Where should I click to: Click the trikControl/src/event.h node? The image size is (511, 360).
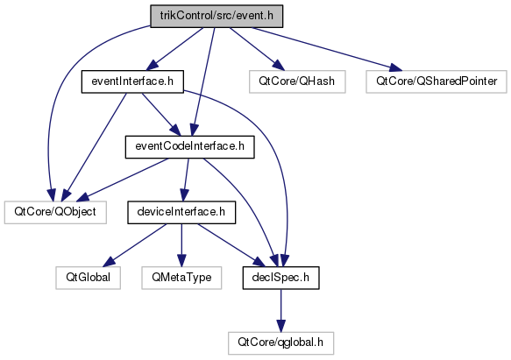[216, 16]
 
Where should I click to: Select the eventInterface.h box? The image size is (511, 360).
[132, 81]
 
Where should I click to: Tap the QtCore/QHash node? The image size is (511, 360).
[297, 81]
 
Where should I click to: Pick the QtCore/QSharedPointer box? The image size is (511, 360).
[436, 81]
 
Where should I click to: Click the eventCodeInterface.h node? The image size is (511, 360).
[189, 147]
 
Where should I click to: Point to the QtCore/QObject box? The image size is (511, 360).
[55, 213]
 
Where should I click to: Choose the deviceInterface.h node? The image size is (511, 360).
[181, 213]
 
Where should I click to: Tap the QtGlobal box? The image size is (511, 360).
[88, 278]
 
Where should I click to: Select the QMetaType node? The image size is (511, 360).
[181, 278]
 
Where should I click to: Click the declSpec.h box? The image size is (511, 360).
[281, 278]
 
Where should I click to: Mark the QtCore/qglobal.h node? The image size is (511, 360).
[281, 343]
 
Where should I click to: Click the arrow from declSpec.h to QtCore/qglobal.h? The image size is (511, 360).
[281, 310]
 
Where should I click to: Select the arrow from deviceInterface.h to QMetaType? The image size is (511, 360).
[181, 245]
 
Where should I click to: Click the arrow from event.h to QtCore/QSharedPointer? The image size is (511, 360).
[327, 49]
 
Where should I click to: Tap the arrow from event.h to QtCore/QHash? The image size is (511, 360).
[257, 49]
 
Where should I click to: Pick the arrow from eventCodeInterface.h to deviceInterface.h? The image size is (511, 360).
[186, 180]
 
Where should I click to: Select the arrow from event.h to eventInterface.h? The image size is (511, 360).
[174, 49]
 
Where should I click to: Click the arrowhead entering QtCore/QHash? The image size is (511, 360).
[279, 67]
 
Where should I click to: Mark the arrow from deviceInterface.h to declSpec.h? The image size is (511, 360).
[231, 245]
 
